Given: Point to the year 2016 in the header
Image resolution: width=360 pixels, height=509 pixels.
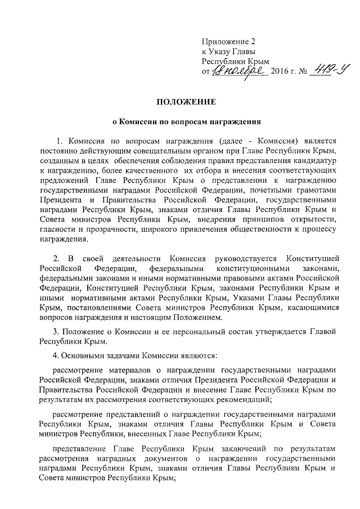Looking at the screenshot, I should pyautogui.click(x=280, y=71).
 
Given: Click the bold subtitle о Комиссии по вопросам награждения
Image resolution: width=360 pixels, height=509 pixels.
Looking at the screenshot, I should pyautogui.click(x=179, y=121).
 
